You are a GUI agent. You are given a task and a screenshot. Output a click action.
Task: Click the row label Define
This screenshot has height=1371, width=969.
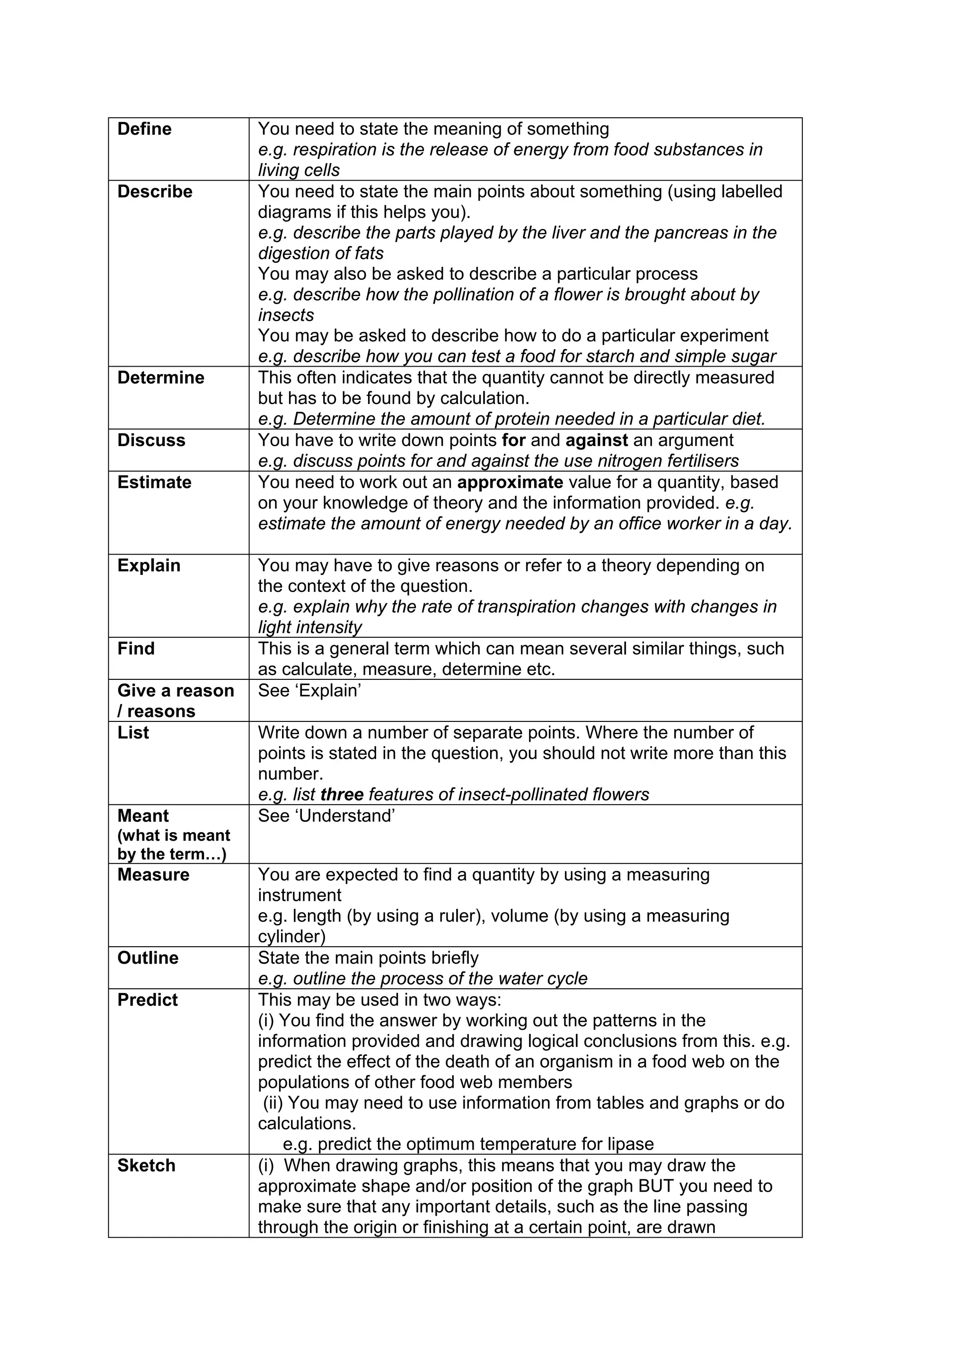coord(144,129)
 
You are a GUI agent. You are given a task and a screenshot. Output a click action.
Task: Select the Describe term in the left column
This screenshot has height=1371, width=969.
coord(155,192)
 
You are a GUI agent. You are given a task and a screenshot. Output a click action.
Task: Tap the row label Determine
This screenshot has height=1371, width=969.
coord(160,378)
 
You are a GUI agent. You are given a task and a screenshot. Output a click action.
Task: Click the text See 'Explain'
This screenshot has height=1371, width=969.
coord(309,691)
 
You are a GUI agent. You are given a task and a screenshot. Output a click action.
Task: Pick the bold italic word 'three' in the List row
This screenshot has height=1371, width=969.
coord(342,795)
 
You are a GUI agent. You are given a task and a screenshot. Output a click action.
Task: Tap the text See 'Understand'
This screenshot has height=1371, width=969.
coord(326,816)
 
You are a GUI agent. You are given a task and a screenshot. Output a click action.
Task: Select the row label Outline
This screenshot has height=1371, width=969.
coord(148,958)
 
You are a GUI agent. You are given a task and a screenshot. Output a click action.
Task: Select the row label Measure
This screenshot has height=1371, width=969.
coord(153,875)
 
